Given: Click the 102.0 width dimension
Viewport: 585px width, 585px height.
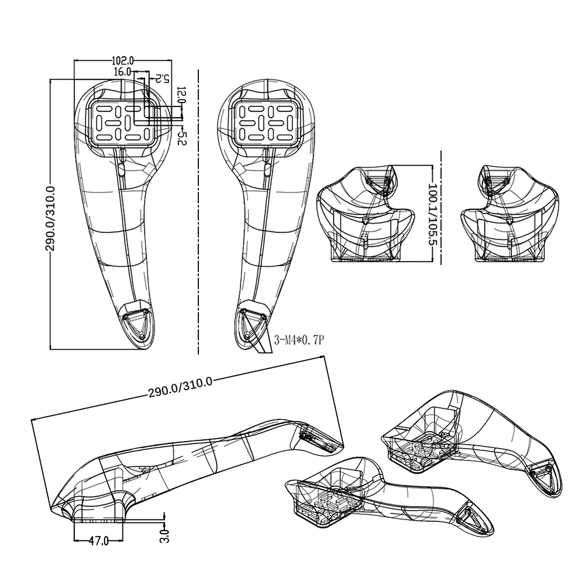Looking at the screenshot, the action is point(123,60).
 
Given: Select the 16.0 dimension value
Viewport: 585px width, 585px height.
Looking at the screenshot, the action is point(122,71).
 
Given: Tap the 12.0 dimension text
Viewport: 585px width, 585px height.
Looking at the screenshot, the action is point(181,95).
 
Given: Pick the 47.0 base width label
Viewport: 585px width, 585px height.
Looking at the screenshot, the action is point(98,541).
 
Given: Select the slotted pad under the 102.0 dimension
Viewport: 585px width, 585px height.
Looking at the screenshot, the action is point(123,122).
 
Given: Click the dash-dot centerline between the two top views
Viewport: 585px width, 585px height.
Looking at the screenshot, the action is point(198,211).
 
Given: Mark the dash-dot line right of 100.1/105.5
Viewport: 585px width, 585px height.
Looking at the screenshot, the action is point(441,208).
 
